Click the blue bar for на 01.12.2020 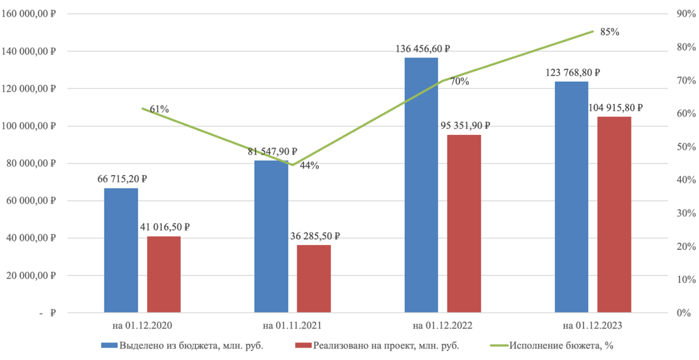click(x=121, y=250)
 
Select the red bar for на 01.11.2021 click(x=313, y=278)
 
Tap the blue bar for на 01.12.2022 click(x=421, y=185)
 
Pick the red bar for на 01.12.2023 click(x=614, y=215)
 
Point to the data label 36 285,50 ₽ click(x=314, y=237)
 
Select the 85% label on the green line click(x=610, y=32)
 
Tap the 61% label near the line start click(x=159, y=109)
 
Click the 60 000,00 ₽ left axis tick click(x=31, y=201)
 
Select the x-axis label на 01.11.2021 click(x=292, y=326)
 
